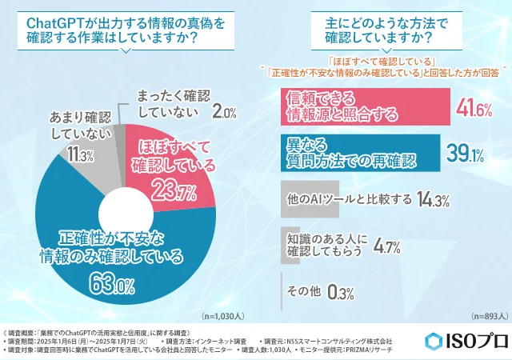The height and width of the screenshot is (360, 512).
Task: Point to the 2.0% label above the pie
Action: (224, 113)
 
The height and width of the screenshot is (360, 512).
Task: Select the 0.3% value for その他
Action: (340, 293)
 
